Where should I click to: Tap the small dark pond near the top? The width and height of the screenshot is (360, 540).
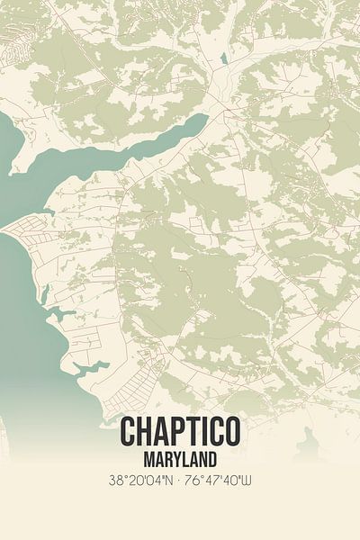pyautogui.click(x=222, y=59)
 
